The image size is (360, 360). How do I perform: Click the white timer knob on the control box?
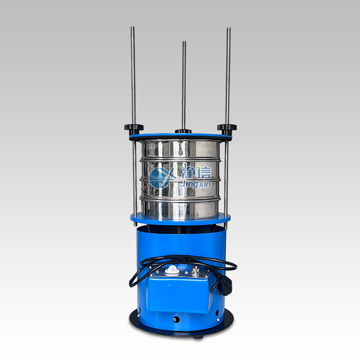pyautogui.click(x=172, y=270)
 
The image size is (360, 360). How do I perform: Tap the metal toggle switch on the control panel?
pyautogui.click(x=195, y=271)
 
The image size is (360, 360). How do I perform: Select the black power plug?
pyautogui.click(x=224, y=285)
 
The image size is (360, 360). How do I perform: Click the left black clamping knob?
pyautogui.click(x=134, y=129)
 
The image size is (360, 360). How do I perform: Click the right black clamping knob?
pyautogui.click(x=227, y=129)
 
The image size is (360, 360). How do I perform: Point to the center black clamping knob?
pyautogui.click(x=183, y=131)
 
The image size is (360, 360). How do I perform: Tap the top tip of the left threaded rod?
pyautogui.click(x=132, y=27)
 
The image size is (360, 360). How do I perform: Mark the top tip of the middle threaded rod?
pyautogui.click(x=184, y=41)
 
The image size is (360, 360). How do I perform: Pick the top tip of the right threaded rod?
pyautogui.click(x=229, y=28)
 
